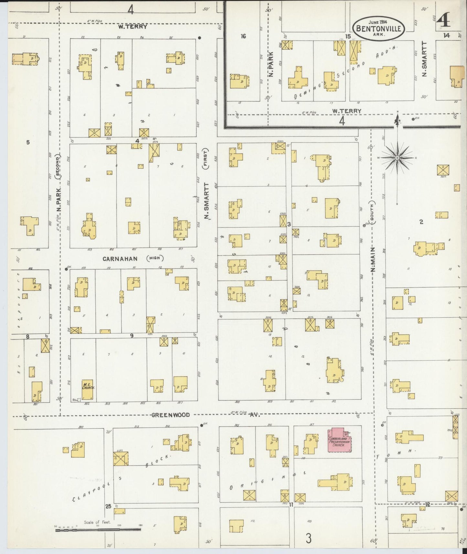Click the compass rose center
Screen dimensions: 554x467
[x=398, y=158]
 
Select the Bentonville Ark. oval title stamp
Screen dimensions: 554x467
[x=378, y=29]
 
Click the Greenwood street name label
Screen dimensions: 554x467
[x=171, y=415]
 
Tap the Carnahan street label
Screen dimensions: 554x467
[x=120, y=259]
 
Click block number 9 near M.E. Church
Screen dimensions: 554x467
[x=132, y=336]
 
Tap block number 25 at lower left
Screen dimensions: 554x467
[x=108, y=506]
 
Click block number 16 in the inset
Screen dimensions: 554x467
[x=243, y=37]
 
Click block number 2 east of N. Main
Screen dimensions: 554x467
[x=421, y=222]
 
